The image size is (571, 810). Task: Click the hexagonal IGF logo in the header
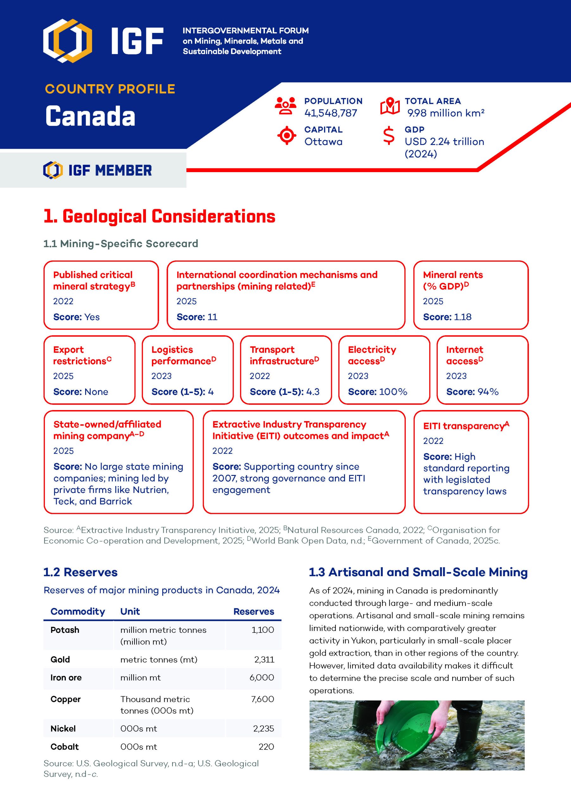pos(67,40)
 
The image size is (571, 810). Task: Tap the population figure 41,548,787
pos(331,113)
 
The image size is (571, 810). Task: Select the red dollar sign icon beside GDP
pos(389,135)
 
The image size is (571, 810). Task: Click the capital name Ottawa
pos(323,142)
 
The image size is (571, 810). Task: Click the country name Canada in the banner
pos(90,116)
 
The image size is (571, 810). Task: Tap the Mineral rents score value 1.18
pos(462,317)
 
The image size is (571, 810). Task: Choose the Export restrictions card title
pos(82,355)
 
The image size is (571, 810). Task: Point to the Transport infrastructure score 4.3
pos(313,392)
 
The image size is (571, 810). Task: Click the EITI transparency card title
pos(466,426)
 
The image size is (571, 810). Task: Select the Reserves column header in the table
pos(254,611)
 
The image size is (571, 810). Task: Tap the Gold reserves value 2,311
pos(264,659)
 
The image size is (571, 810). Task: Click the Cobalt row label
pos(65,746)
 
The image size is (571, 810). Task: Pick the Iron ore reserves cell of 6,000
pos(261,677)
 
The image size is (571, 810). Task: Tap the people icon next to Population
pos(285,106)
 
